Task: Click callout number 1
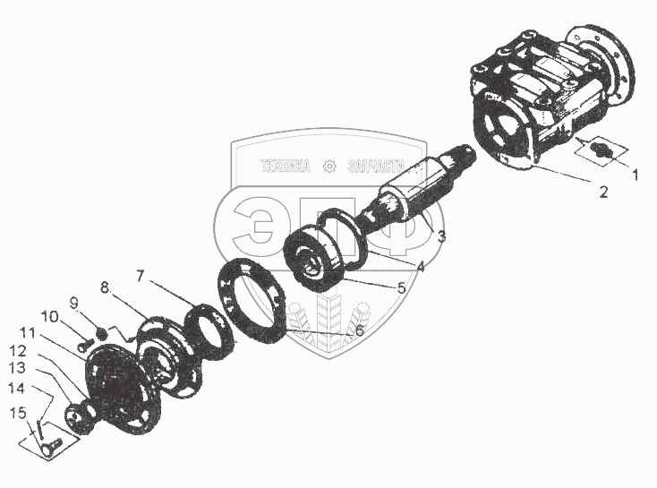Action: click(x=636, y=175)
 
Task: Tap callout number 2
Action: click(x=603, y=192)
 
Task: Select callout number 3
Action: click(x=441, y=237)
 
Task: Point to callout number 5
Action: click(x=401, y=288)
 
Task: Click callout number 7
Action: click(x=140, y=276)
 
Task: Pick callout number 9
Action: click(x=74, y=303)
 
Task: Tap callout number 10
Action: click(x=49, y=317)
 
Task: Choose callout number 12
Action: click(x=18, y=351)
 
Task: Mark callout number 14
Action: click(x=18, y=389)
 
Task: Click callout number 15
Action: click(x=18, y=413)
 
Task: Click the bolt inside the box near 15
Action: click(x=51, y=446)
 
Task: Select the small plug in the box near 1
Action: click(x=602, y=150)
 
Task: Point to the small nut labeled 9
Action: click(x=101, y=333)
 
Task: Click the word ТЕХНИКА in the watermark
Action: click(x=286, y=166)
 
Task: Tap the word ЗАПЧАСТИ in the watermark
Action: click(x=376, y=166)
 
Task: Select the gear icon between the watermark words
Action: click(x=329, y=167)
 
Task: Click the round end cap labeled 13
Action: click(x=79, y=416)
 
